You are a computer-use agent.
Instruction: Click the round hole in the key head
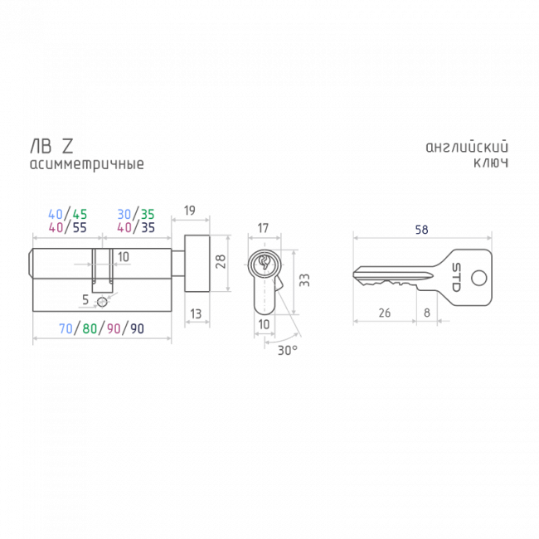(478, 278)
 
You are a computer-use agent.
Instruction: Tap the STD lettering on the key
(456, 277)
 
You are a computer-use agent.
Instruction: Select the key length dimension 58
(422, 230)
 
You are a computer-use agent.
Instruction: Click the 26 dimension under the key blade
(385, 313)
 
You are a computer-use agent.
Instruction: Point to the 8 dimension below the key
(426, 313)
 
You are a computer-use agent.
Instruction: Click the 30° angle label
(288, 350)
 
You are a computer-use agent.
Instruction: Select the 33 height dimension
(304, 280)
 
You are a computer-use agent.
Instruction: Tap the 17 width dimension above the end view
(263, 228)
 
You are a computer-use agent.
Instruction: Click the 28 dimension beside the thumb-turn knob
(221, 261)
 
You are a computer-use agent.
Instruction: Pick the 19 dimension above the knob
(190, 211)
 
